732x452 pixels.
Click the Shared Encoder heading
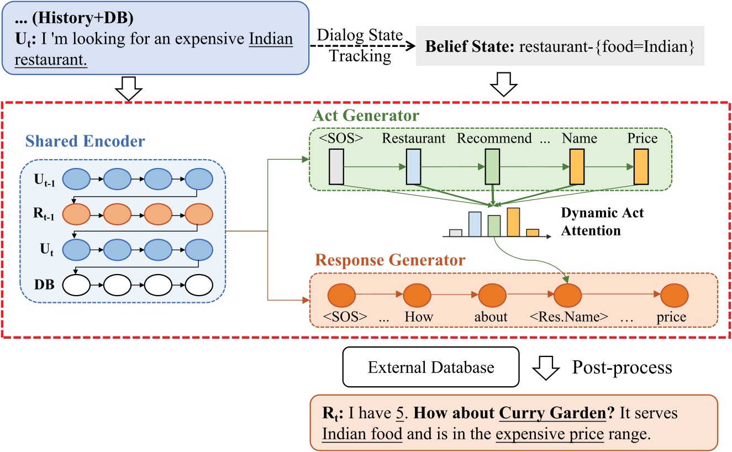click(86, 141)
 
